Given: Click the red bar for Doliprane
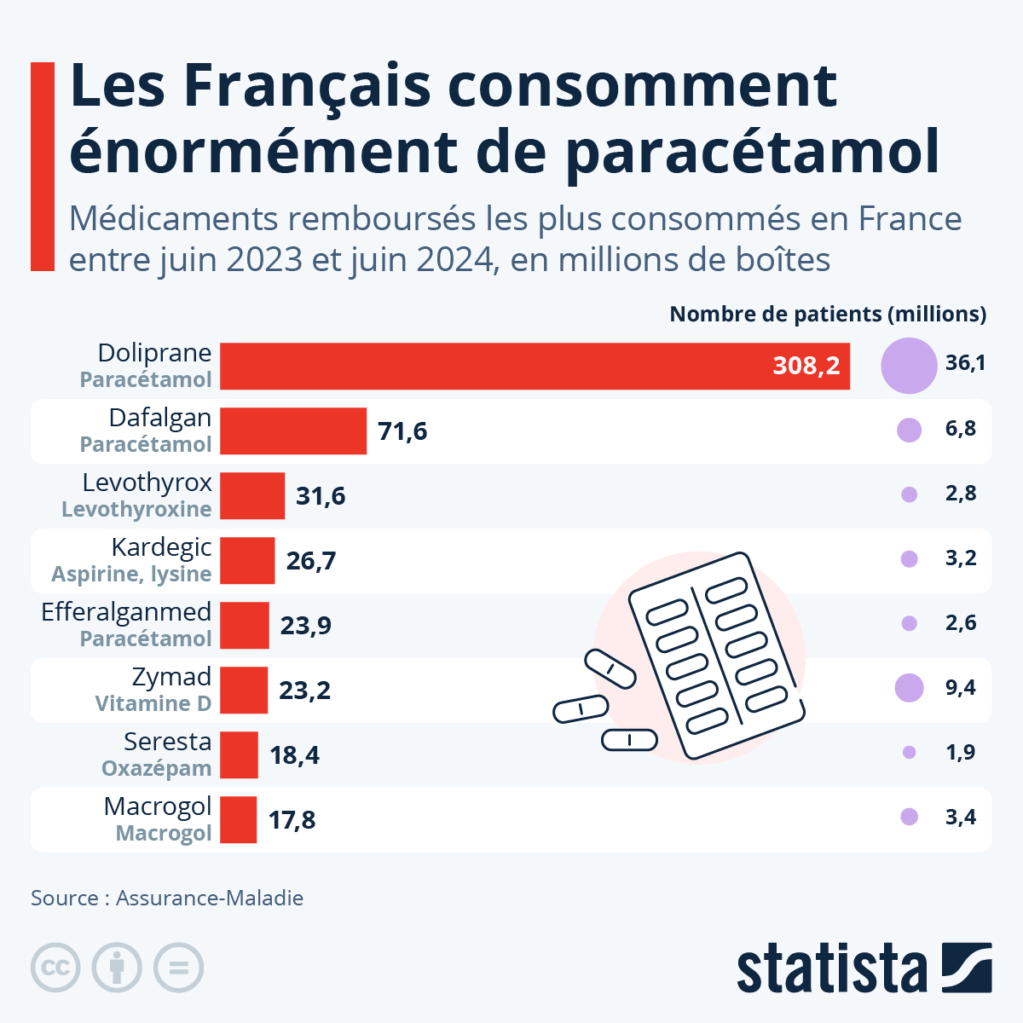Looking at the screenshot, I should (535, 367).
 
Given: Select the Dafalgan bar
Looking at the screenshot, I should (293, 431).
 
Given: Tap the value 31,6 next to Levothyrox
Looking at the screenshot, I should (321, 496).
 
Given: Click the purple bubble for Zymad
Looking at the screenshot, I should (909, 687).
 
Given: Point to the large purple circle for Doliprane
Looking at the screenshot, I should (909, 365).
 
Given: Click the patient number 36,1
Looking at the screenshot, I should (965, 363).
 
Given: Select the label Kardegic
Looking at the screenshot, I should (161, 547).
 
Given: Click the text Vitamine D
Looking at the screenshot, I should (153, 703).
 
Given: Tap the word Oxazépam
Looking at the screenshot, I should (156, 768).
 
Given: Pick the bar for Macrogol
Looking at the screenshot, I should (239, 820).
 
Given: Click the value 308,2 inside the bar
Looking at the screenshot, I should (806, 367).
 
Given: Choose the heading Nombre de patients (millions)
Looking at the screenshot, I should (827, 315).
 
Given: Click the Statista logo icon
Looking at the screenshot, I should (967, 968).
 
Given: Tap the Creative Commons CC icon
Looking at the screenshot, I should (55, 968).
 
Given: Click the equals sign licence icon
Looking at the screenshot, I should (178, 968).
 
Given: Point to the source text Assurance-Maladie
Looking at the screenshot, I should (209, 898).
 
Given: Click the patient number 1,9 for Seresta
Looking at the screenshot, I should (960, 753).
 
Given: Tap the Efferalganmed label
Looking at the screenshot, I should (126, 612).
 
